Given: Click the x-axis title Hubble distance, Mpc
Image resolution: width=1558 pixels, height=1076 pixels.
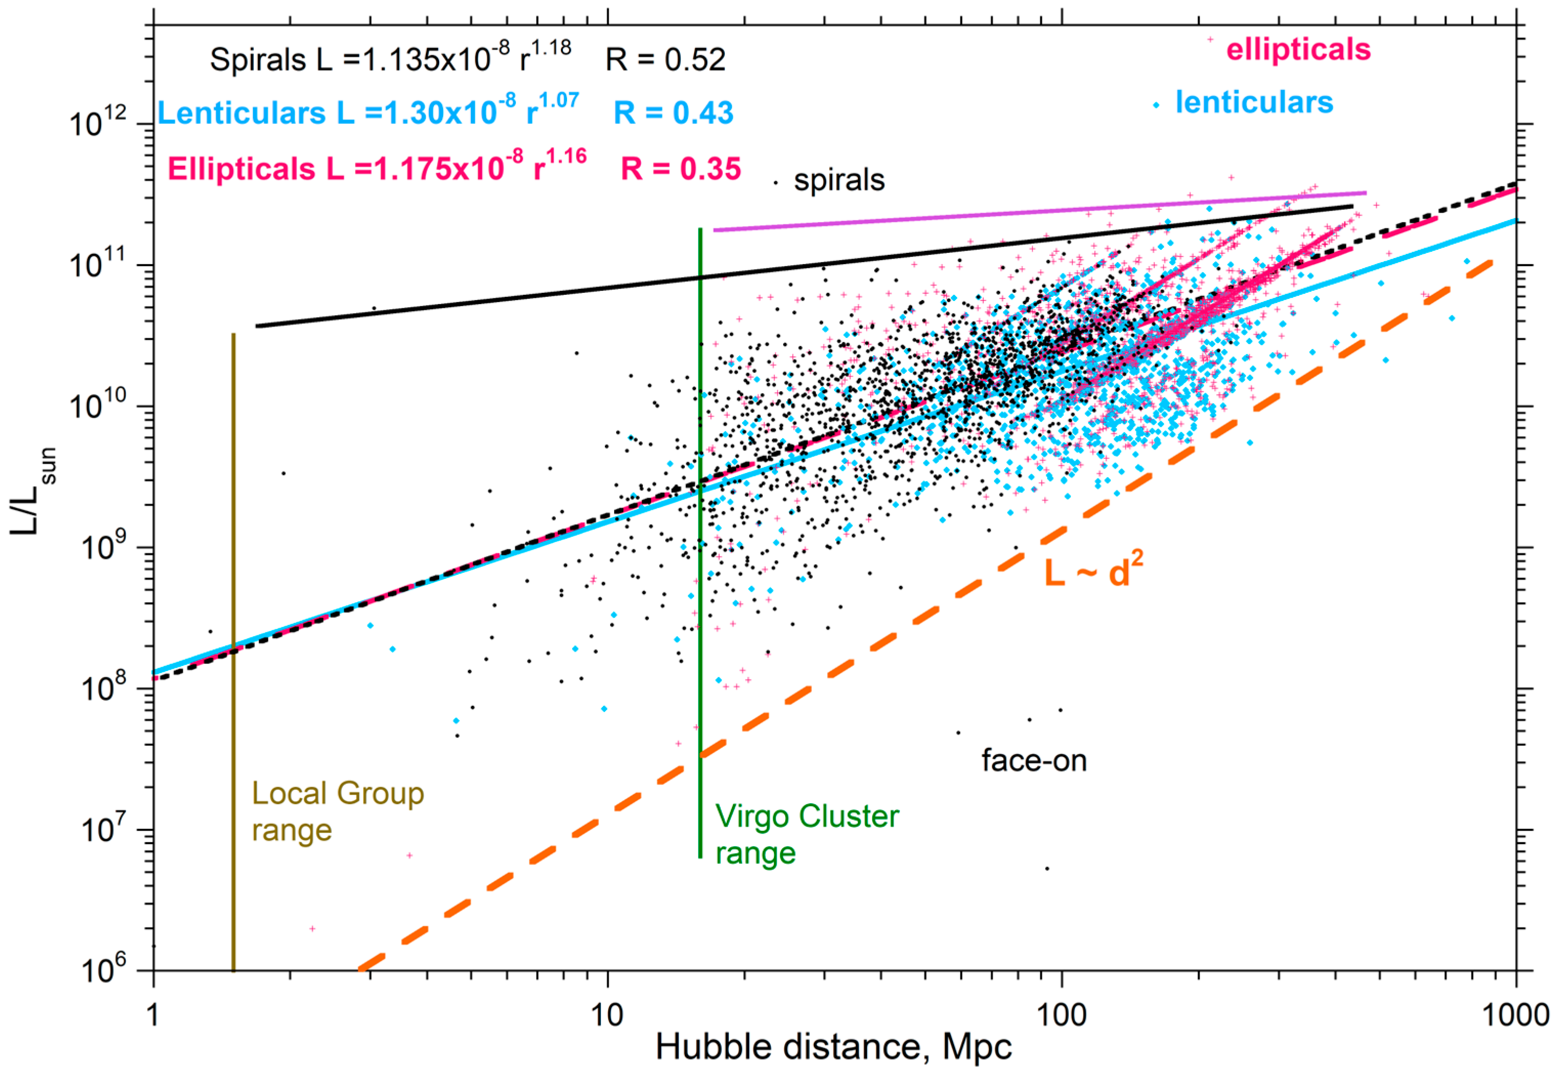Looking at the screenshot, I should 833,1047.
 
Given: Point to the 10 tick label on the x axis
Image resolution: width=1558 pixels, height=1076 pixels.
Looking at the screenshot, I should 608,1015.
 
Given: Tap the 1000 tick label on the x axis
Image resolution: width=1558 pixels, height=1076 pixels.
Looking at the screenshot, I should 1516,1015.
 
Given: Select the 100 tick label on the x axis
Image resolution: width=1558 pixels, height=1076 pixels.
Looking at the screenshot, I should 1062,1015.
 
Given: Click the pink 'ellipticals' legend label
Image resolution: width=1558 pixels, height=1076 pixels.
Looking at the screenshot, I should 1298,49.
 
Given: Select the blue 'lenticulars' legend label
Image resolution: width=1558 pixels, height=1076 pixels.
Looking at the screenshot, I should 1254,102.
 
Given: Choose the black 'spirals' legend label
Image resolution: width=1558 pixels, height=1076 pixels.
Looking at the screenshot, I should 839,181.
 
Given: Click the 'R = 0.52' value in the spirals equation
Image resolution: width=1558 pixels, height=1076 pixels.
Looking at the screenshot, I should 665,60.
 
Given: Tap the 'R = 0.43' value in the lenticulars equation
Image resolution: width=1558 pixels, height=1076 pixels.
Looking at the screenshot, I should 673,113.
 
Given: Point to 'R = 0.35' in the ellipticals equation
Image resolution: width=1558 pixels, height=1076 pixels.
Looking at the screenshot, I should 680,168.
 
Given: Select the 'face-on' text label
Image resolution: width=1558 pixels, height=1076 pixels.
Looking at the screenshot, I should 1033,761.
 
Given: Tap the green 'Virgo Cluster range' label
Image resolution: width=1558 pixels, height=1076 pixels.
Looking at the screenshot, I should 806,834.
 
